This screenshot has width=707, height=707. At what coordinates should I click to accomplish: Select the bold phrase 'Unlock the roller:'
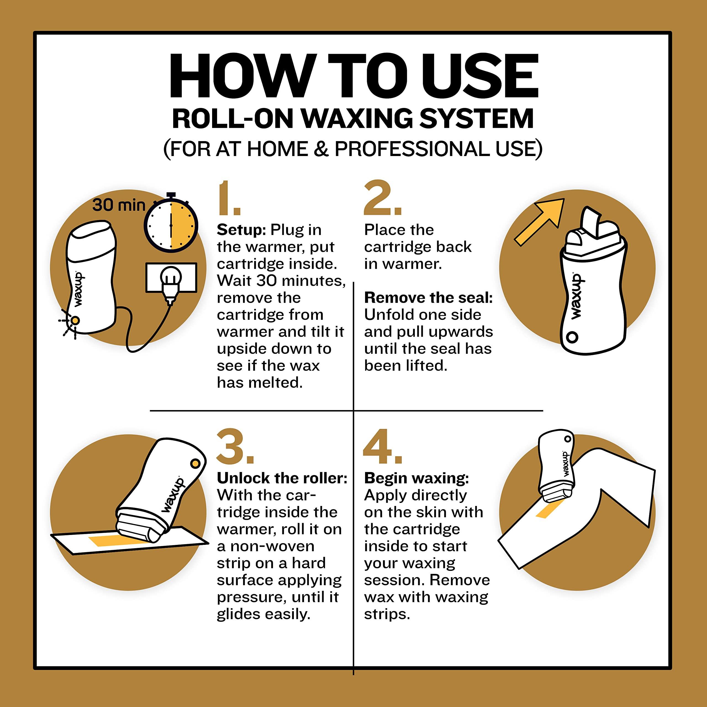coord(282,478)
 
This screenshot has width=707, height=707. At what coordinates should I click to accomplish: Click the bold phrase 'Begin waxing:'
coord(416,478)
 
